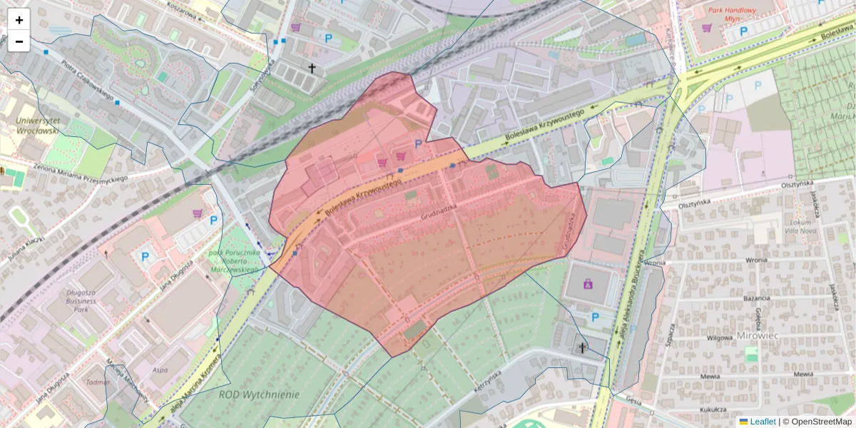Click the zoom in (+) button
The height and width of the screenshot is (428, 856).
coord(19,20)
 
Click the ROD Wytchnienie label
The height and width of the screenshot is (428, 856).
coord(259,394)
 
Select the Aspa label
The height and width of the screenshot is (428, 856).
coord(160,370)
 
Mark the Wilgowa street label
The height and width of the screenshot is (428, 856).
coord(719,337)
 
